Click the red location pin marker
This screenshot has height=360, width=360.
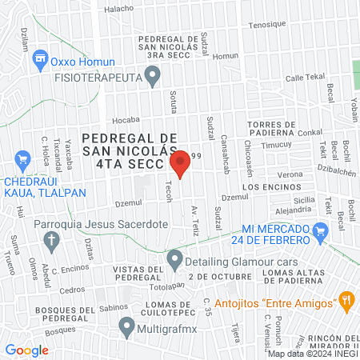coord(180,162)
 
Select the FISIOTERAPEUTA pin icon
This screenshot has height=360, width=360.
coord(155,77)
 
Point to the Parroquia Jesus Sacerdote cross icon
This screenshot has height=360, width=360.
coord(52,239)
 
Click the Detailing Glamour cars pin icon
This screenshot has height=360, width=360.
coord(175,260)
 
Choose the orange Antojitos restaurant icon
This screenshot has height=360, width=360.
coord(346,302)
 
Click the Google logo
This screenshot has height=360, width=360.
coord(26,350)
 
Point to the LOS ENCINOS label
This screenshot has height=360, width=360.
coord(263,186)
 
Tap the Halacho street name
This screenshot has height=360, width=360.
coord(118,9)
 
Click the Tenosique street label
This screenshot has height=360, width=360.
coord(266,25)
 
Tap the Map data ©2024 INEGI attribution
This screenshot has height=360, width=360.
coord(313,353)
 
